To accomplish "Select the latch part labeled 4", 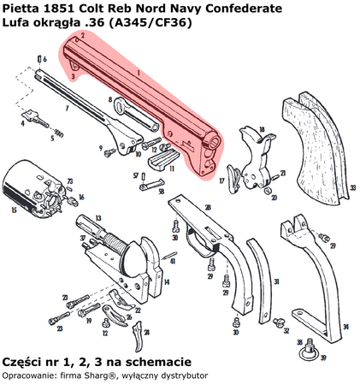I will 35,113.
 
